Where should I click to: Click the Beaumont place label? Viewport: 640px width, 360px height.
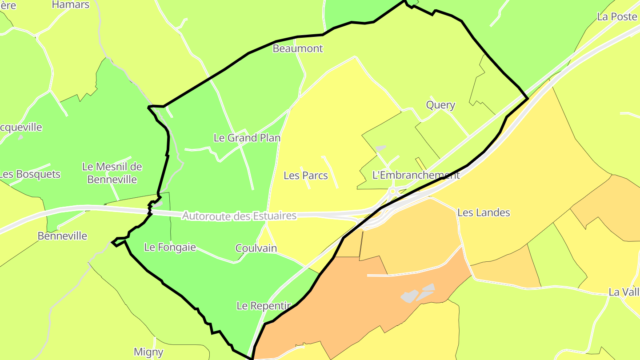click(297, 48)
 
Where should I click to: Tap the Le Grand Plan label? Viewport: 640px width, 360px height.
click(247, 138)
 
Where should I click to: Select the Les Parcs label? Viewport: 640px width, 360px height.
click(306, 176)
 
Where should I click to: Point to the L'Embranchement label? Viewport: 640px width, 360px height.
click(416, 175)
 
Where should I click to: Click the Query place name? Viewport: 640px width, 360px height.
click(440, 105)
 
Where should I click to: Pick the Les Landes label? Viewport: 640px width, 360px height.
click(484, 212)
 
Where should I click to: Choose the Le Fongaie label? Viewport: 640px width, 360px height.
click(170, 247)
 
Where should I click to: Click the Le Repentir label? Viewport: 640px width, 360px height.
click(264, 306)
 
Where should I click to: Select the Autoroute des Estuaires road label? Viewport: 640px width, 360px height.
click(239, 216)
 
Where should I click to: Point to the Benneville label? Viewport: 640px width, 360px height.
click(62, 236)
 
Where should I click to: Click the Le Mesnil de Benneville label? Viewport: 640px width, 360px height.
click(112, 173)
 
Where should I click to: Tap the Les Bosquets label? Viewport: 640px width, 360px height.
click(30, 174)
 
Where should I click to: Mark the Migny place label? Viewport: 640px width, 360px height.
click(148, 352)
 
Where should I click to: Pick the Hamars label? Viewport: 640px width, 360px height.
click(71, 5)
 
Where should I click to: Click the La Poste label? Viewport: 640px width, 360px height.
click(617, 16)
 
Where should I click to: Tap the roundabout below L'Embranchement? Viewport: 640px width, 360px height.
click(392, 192)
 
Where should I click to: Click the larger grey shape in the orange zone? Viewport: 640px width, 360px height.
click(409, 296)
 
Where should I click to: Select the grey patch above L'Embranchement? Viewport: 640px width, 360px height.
click(380, 148)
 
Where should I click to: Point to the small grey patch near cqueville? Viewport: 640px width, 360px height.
click(20, 137)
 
